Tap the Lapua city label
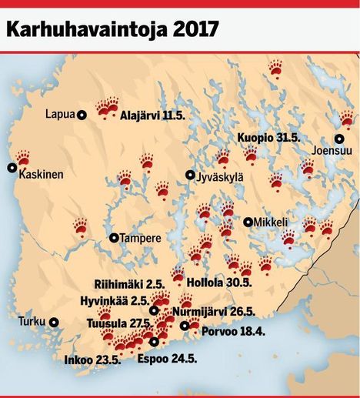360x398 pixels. [59, 115]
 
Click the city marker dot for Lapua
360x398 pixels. [82, 115]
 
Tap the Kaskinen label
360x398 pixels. [42, 175]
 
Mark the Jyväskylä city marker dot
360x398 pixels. [190, 176]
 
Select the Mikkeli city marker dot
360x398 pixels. [248, 222]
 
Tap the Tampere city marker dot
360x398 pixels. [114, 238]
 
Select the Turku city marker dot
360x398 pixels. [54, 322]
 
